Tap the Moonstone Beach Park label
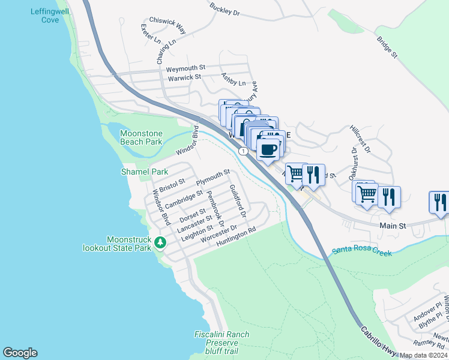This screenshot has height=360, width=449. [x=141, y=137]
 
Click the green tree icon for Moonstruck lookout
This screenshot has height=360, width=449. [x=160, y=242]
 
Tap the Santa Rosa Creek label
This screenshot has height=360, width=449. [x=362, y=250]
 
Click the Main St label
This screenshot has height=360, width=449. [x=393, y=226]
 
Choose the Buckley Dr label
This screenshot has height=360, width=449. [x=225, y=8]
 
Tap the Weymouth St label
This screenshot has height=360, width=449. [x=186, y=68]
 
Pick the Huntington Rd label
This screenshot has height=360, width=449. [x=237, y=236]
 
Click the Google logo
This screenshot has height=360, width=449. [x=20, y=353]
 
